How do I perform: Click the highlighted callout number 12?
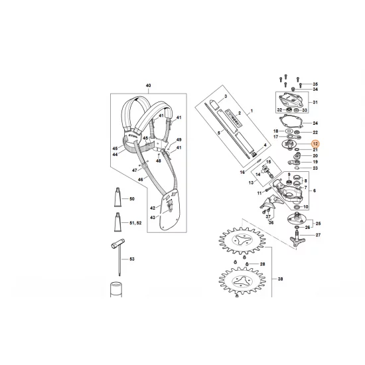click(315, 144)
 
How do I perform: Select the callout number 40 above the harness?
click(148, 86)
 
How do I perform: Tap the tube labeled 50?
click(116, 198)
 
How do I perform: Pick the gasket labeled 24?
click(292, 123)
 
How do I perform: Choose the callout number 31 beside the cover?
click(315, 102)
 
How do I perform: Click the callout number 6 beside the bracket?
click(315, 190)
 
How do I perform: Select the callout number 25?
click(316, 224)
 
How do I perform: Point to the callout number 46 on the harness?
click(140, 179)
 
